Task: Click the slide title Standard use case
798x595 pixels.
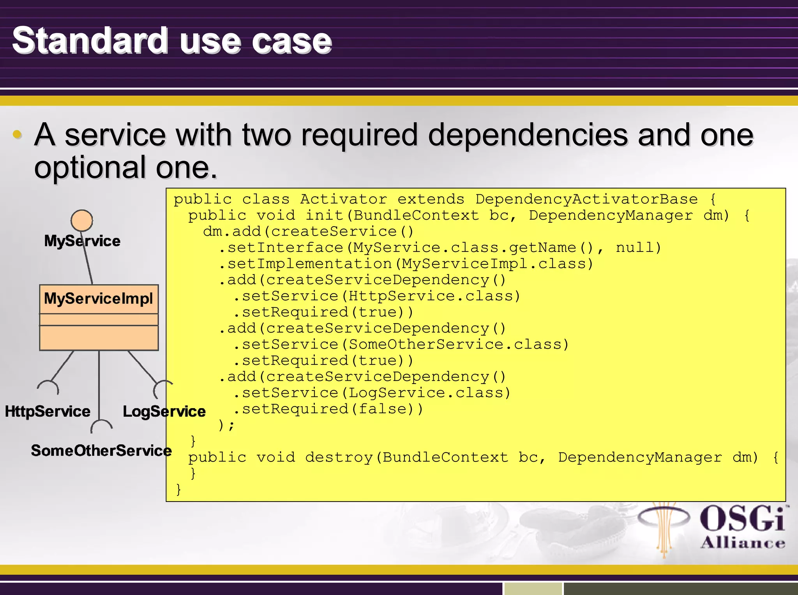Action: [x=172, y=41]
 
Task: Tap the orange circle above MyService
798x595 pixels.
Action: [x=82, y=220]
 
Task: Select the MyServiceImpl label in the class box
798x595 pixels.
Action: [x=98, y=299]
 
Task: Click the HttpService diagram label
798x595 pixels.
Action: [x=48, y=412]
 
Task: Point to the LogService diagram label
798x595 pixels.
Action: [x=164, y=412]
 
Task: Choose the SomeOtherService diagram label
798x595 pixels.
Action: [x=101, y=451]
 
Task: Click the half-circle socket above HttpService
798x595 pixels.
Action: [x=48, y=387]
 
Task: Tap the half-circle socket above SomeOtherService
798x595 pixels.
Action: [x=101, y=426]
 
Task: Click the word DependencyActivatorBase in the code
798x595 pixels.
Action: [x=586, y=199]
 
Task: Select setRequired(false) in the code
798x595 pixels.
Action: [x=332, y=409]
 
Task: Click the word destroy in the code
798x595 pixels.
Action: [x=339, y=457]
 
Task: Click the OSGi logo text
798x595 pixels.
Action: [x=742, y=519]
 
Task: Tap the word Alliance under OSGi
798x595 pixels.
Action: [x=743, y=543]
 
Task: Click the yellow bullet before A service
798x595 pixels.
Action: [x=17, y=135]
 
